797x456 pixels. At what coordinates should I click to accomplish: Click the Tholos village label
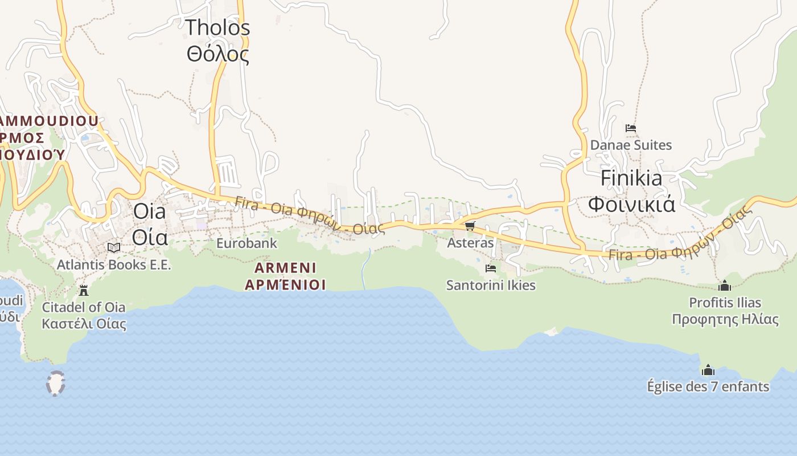(x=218, y=40)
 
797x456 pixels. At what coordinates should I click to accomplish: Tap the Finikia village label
(x=631, y=191)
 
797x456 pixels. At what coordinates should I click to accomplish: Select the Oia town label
(x=150, y=224)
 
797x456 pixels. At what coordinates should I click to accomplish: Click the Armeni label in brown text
(x=285, y=276)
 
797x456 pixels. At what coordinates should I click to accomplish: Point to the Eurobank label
(x=247, y=243)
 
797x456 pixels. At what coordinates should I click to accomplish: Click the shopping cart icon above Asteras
(x=470, y=226)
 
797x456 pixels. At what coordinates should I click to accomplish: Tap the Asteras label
(x=470, y=243)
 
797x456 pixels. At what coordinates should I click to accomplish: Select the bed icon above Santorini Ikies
(x=491, y=268)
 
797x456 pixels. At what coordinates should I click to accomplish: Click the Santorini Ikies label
(x=491, y=285)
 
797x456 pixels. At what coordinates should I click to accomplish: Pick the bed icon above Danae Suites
(x=631, y=128)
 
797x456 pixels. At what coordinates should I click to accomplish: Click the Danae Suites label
(x=631, y=145)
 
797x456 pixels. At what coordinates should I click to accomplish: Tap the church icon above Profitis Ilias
(x=725, y=286)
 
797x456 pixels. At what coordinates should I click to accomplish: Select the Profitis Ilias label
(x=725, y=311)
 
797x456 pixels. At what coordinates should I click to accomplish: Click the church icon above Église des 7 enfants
(x=708, y=370)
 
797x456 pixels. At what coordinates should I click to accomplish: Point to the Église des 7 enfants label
(x=708, y=386)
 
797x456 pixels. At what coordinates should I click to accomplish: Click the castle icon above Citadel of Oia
(x=84, y=291)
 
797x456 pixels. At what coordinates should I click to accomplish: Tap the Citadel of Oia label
(x=84, y=315)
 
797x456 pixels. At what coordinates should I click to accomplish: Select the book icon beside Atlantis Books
(x=114, y=247)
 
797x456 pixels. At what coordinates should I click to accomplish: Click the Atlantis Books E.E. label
(x=114, y=265)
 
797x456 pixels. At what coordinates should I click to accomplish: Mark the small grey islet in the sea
(x=56, y=384)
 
